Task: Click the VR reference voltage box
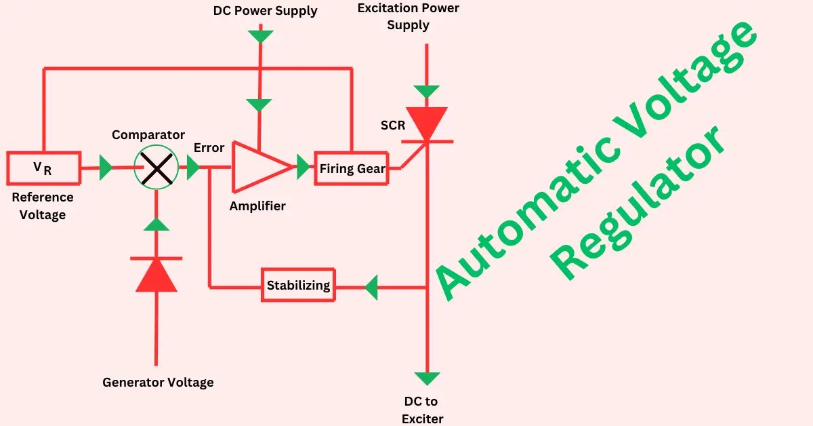pos(43,168)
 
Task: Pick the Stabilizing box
pos(299,286)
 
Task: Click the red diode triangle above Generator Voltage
pos(157,275)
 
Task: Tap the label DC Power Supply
pos(265,11)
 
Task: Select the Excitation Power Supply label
pos(408,17)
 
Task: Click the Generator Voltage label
pos(158,383)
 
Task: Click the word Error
pos(209,147)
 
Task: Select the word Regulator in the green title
pos(640,204)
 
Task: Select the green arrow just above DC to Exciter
pos(427,379)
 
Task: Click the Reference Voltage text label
pos(43,206)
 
